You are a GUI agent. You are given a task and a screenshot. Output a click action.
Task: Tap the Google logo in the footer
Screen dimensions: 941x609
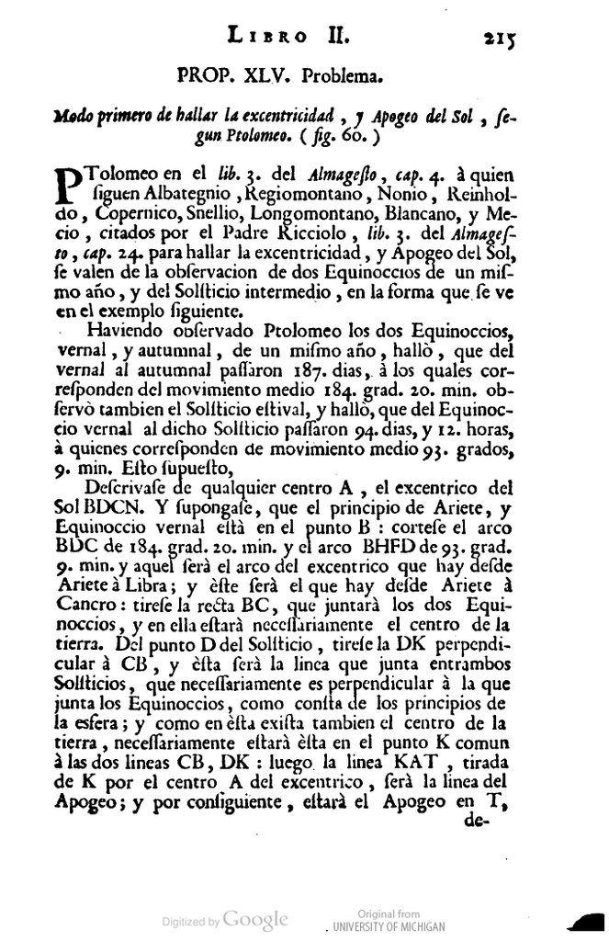(x=256, y=918)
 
